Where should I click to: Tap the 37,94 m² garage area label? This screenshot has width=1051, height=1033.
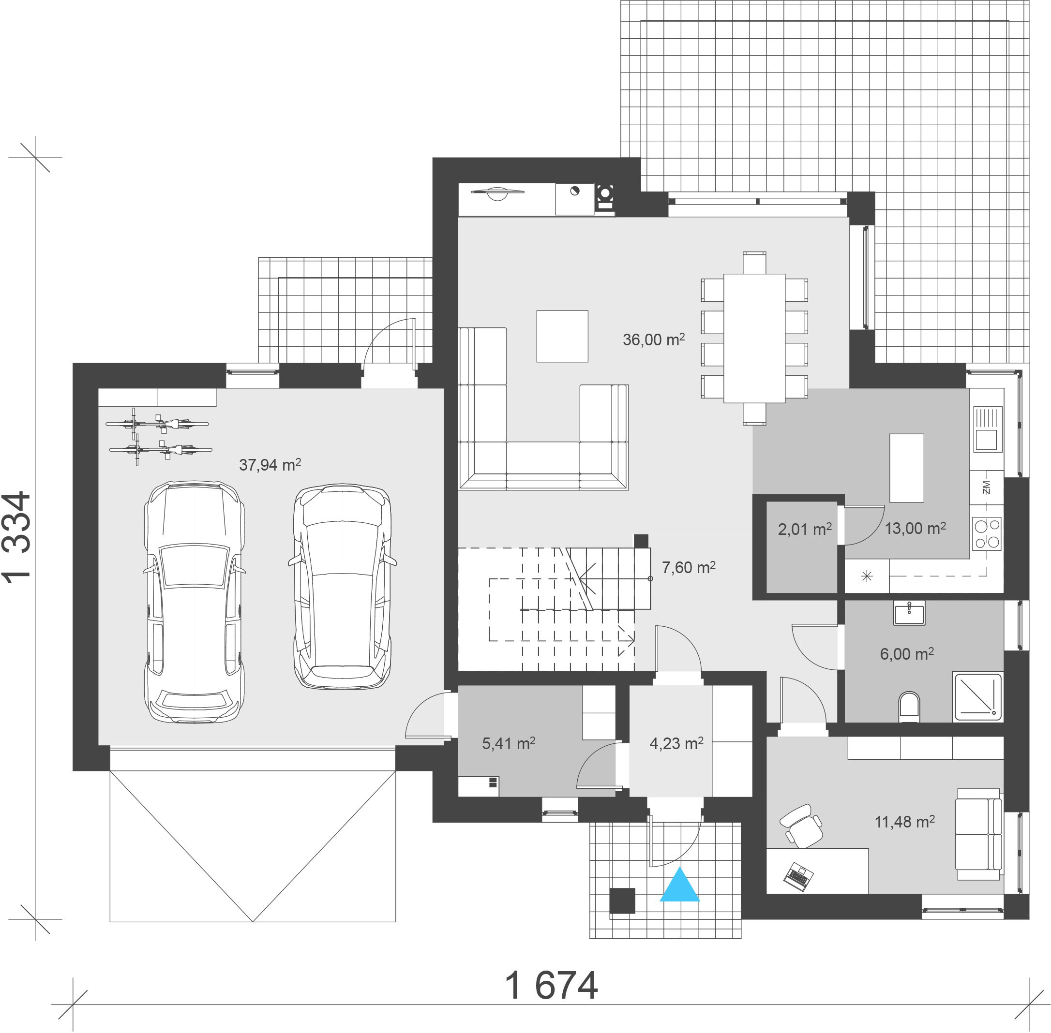pyautogui.click(x=270, y=464)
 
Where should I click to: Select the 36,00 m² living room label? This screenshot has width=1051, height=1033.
pyautogui.click(x=654, y=339)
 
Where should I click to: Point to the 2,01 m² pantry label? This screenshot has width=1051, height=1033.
pyautogui.click(x=805, y=529)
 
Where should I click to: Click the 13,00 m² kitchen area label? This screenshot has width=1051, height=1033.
pyautogui.click(x=916, y=528)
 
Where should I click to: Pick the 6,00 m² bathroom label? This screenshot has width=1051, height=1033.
pyautogui.click(x=907, y=653)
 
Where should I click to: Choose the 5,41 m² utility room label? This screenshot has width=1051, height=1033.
pyautogui.click(x=509, y=743)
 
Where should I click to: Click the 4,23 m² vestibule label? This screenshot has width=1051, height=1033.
pyautogui.click(x=676, y=743)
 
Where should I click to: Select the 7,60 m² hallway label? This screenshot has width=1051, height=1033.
pyautogui.click(x=689, y=567)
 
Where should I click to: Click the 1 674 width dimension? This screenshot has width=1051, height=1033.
pyautogui.click(x=551, y=985)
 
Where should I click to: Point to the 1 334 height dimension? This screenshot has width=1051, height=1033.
pyautogui.click(x=17, y=537)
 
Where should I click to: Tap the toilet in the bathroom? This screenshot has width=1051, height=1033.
pyautogui.click(x=909, y=707)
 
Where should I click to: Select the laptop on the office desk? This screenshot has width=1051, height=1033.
pyautogui.click(x=799, y=877)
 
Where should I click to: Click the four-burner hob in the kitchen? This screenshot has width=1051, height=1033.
pyautogui.click(x=987, y=533)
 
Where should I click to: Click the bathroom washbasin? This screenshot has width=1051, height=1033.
pyautogui.click(x=909, y=613)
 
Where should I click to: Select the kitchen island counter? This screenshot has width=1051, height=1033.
pyautogui.click(x=907, y=468)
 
